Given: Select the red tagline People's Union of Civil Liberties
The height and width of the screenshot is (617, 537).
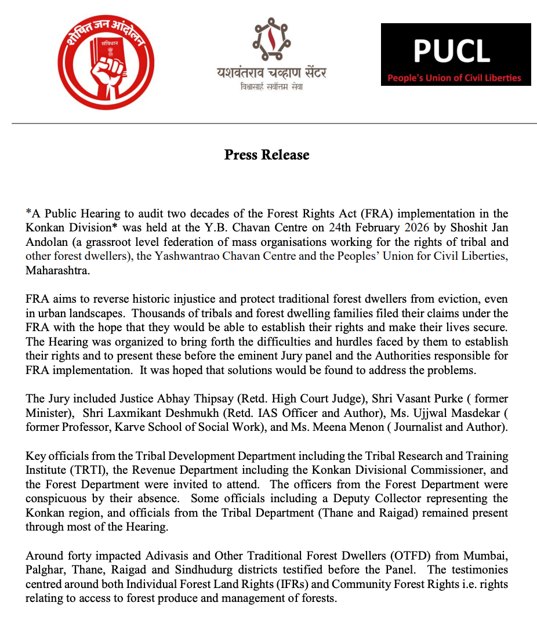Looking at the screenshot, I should [x=455, y=78].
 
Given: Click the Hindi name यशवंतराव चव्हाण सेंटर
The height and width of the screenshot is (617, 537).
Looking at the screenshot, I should [x=271, y=73].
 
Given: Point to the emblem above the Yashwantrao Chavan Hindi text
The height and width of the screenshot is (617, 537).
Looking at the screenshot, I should [x=271, y=39].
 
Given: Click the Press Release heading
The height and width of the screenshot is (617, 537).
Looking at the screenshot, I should [x=267, y=155].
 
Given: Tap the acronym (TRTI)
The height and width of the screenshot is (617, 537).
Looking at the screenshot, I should [x=85, y=470].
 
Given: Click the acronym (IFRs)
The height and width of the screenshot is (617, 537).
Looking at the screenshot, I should [x=311, y=583].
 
